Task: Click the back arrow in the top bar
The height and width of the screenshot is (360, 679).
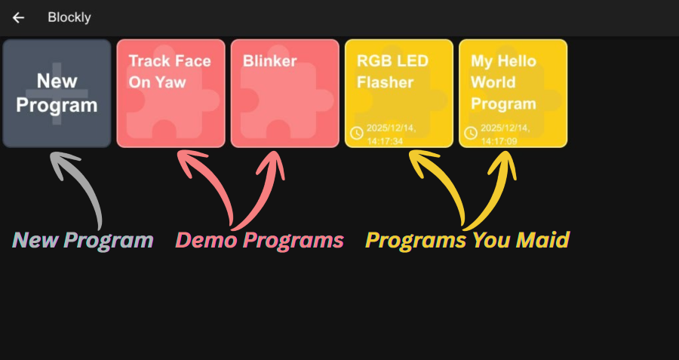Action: (x=18, y=17)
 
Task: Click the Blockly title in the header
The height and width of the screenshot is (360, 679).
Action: (x=69, y=17)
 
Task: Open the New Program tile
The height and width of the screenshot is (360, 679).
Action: (x=57, y=93)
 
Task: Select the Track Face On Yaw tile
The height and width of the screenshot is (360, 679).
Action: (x=171, y=93)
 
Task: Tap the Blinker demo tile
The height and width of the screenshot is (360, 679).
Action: (x=284, y=93)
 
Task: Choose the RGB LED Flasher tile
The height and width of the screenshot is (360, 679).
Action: (x=398, y=93)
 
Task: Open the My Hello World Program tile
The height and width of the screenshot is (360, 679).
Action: (x=512, y=93)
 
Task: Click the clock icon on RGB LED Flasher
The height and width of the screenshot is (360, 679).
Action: (x=357, y=134)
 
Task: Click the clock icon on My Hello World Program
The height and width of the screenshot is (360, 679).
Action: (x=471, y=134)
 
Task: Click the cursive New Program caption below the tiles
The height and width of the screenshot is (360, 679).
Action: (x=84, y=241)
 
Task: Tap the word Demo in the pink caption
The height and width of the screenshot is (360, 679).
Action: (x=206, y=241)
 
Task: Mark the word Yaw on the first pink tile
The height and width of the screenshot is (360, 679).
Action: (x=171, y=82)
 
